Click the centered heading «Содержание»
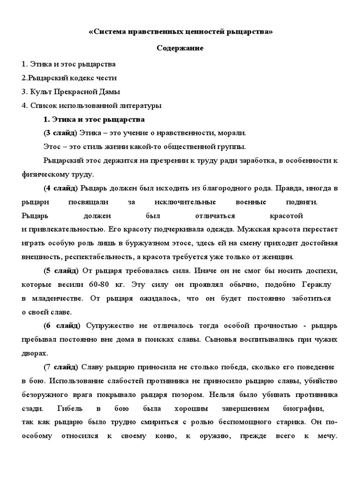point(180,48)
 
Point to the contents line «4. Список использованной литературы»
point(91,106)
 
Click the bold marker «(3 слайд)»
point(60,133)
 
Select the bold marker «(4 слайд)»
point(60,188)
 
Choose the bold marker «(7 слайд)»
point(61,366)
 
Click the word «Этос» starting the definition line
point(52,147)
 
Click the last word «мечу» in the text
point(326,435)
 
